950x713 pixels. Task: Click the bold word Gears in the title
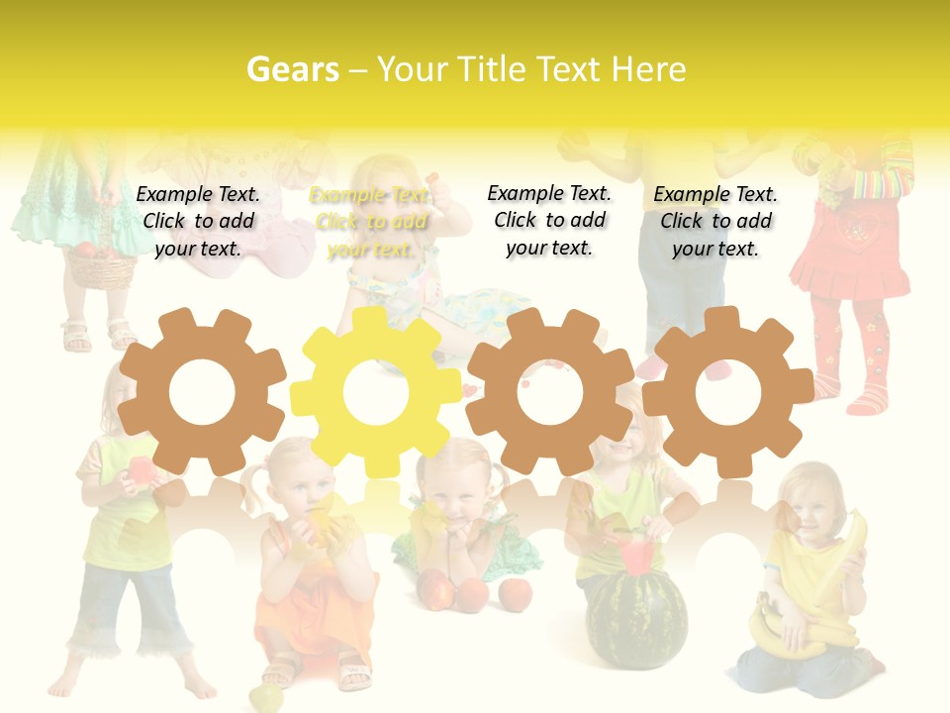point(292,69)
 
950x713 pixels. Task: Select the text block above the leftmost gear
point(198,221)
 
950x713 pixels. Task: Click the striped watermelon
point(635,619)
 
